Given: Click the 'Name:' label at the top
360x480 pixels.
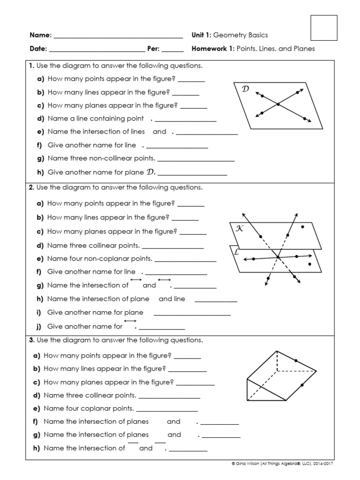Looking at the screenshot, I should click(40, 35).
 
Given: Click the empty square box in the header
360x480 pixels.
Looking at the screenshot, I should click(324, 28).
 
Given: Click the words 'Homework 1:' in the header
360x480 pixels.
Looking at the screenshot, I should click(213, 48).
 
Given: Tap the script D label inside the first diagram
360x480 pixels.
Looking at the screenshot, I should click(245, 89).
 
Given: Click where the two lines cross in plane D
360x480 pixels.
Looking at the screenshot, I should click(278, 104).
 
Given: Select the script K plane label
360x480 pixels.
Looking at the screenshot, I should click(240, 228).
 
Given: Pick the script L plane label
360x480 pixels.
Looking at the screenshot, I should click(236, 252).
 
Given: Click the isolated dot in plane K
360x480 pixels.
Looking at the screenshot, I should click(303, 227).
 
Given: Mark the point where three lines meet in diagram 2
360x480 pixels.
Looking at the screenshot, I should click(278, 257).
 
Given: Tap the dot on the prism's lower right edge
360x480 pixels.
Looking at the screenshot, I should click(302, 385).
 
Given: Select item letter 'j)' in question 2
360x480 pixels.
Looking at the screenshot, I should click(39, 326).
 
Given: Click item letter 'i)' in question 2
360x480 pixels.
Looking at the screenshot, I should click(39, 312).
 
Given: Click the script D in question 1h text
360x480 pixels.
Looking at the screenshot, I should click(150, 172).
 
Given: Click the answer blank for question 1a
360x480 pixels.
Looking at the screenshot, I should click(191, 79).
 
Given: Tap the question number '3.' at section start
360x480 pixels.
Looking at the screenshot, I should click(31, 340).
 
